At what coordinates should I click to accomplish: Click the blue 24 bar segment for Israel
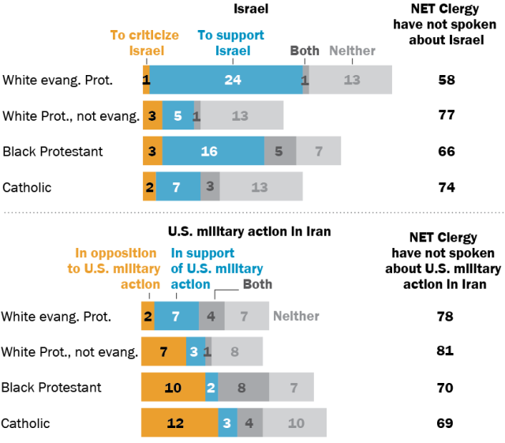[226, 80]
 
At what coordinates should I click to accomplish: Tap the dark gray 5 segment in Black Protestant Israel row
[280, 151]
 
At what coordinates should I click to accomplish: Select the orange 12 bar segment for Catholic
[180, 422]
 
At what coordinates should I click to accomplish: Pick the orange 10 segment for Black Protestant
[174, 387]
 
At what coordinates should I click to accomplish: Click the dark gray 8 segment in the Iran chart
[244, 387]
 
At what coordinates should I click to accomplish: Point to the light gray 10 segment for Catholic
[294, 422]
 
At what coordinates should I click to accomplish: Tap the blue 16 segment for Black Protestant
[213, 151]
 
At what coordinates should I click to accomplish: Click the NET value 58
[447, 80]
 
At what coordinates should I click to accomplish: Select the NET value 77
[447, 115]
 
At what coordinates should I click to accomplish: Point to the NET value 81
[445, 351]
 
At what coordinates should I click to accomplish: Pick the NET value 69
[445, 423]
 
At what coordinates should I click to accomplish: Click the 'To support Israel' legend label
[231, 43]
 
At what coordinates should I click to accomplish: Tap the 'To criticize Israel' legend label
[144, 43]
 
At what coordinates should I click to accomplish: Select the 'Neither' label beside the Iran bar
[297, 316]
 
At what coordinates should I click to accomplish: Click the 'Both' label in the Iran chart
[258, 284]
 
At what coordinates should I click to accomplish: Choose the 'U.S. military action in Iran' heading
[249, 231]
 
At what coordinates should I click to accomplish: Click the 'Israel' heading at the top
[251, 9]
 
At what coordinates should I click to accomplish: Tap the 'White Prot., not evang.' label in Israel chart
[71, 116]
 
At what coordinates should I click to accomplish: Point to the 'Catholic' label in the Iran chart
[25, 423]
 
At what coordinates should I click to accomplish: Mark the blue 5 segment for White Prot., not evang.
[178, 115]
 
